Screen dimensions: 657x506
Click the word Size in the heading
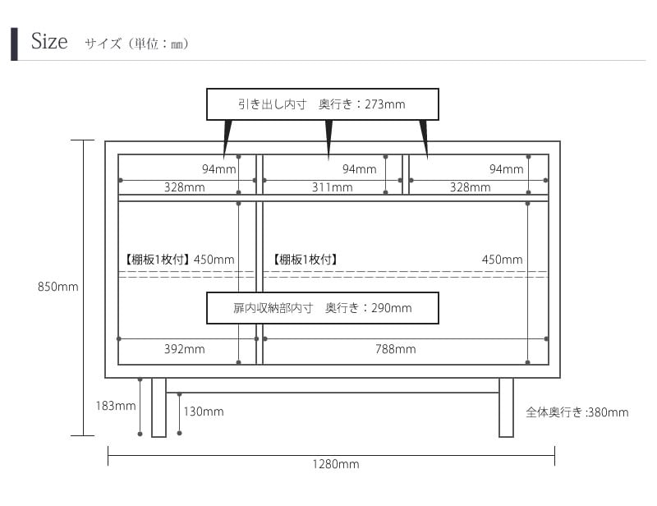click(49, 42)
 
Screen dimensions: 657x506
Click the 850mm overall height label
click(57, 287)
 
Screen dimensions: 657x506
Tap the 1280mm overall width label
click(335, 464)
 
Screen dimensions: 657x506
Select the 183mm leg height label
click(115, 406)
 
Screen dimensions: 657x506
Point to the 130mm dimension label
click(203, 412)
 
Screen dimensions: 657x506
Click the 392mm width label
click(184, 349)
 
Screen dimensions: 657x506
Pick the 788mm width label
click(395, 349)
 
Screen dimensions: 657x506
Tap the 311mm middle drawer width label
click(332, 187)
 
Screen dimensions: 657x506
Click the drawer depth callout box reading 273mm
click(322, 104)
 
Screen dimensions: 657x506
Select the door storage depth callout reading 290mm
click(322, 308)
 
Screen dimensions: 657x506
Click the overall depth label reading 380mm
click(577, 412)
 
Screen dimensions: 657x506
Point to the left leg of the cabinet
click(159, 407)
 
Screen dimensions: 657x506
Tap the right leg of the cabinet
click(506, 407)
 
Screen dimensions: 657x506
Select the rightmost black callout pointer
click(424, 136)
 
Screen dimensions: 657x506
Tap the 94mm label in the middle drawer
click(359, 169)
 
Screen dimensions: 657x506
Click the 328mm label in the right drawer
click(470, 187)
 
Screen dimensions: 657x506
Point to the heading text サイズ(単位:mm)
click(136, 44)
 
